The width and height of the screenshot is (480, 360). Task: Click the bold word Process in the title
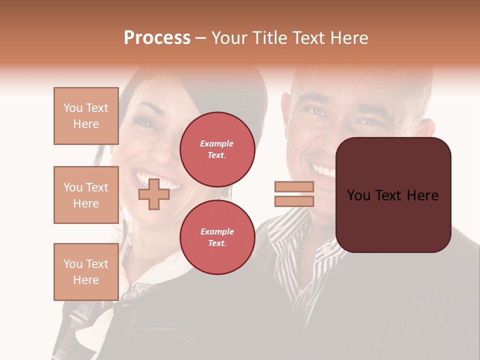[157, 38]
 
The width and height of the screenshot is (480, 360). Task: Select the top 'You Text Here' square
[86, 116]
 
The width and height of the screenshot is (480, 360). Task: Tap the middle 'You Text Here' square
[86, 195]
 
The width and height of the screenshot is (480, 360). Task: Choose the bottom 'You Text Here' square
[86, 272]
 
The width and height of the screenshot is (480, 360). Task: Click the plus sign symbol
[154, 194]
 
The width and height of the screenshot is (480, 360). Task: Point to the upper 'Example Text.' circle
[217, 149]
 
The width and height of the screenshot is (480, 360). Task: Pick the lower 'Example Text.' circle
[217, 237]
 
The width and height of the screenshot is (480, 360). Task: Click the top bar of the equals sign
[294, 187]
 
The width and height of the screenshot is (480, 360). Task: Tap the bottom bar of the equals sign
[294, 201]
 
